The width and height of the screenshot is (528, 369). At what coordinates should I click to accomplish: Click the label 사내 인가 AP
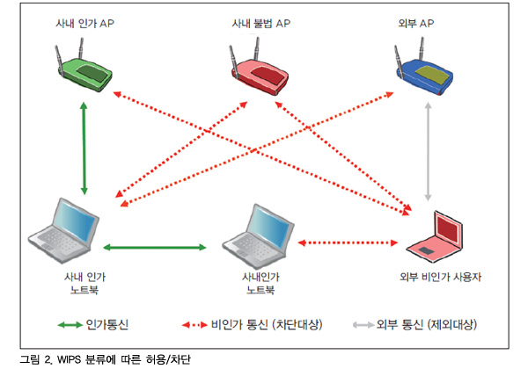pos(84,23)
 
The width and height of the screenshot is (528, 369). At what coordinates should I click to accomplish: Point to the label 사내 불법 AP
pos(261,23)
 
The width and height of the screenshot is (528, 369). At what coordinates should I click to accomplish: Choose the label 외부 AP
pos(416,23)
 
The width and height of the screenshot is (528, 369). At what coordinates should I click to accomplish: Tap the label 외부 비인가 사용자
pos(441,277)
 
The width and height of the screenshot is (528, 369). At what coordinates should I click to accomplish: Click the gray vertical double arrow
pos(428,152)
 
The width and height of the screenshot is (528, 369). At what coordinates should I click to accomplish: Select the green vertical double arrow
pos(84,148)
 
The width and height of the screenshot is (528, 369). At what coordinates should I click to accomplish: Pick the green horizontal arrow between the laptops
pos(155,248)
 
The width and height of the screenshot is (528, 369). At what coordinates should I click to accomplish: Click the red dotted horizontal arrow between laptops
pos(348,242)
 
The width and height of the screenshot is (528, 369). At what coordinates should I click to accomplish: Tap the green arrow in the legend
pos(70,325)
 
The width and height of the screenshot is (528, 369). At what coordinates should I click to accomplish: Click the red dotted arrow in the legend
pos(194,325)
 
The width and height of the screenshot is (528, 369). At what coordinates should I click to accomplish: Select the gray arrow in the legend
pos(363,325)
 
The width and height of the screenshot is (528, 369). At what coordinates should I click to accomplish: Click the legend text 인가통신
pos(107,325)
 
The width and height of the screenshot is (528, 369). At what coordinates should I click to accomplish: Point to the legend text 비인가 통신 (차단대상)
pos(267,325)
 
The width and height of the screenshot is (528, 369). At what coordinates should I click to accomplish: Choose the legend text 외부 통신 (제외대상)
pos(427,325)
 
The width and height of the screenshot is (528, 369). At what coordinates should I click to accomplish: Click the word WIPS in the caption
pos(69,359)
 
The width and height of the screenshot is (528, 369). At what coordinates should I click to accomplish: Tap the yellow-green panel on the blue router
pos(433,75)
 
